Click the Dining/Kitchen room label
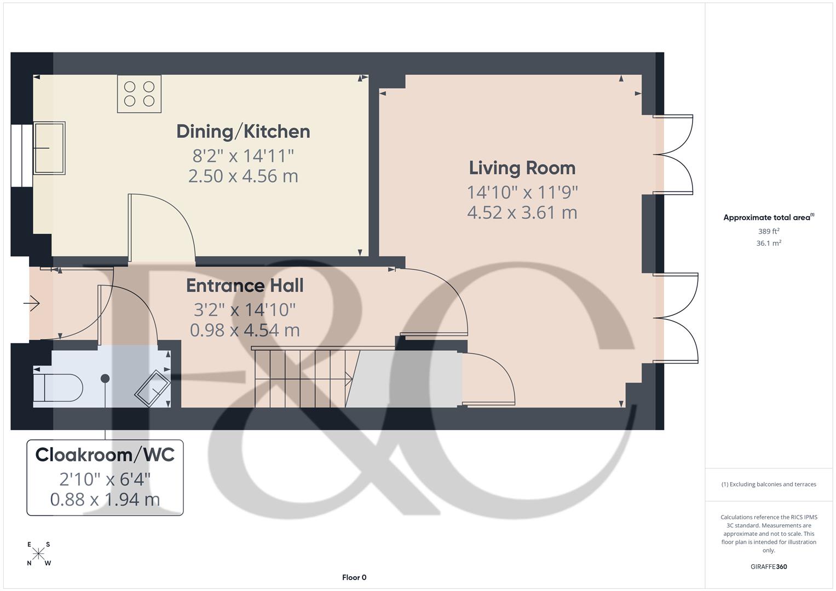point(243,131)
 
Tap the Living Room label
point(522,168)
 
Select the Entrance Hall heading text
point(244,286)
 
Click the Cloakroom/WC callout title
point(105,455)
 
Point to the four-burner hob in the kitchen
point(139,94)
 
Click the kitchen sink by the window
point(49,148)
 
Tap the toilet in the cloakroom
point(57,387)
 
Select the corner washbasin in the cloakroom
point(153,389)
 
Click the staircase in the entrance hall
point(301,378)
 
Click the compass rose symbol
point(38,554)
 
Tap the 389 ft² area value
point(769,231)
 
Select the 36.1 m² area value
point(769,244)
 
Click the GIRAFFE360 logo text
point(769,566)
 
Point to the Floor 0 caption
point(354,577)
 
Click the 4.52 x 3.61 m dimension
point(522,212)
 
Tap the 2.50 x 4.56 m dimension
point(243,176)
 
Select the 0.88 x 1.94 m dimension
point(105,500)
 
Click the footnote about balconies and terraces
point(769,484)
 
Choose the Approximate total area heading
point(768,217)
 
